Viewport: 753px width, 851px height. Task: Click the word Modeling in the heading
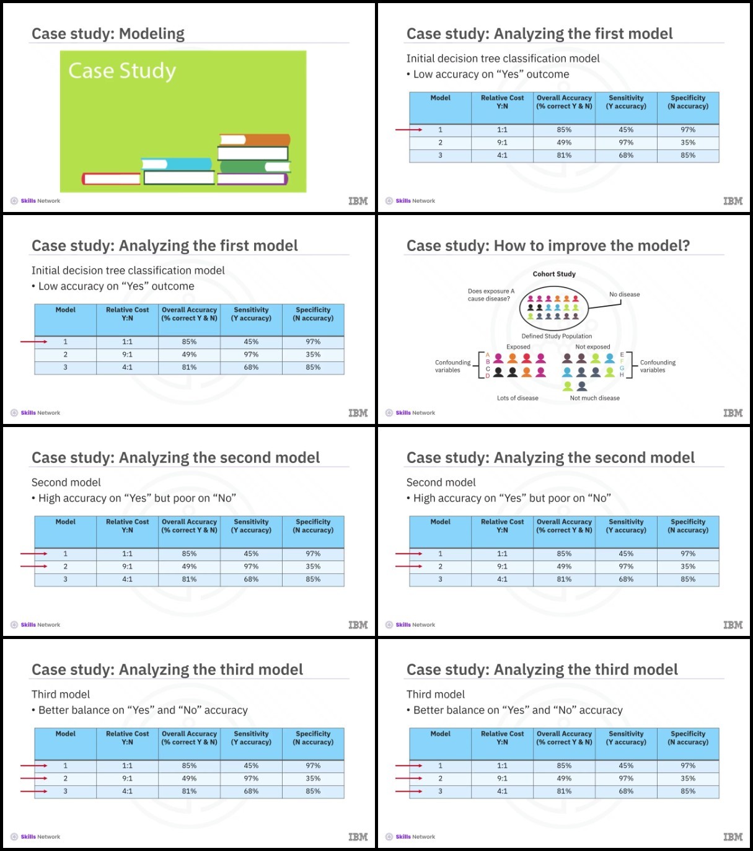pyautogui.click(x=152, y=33)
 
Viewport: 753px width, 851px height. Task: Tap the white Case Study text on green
pyautogui.click(x=122, y=71)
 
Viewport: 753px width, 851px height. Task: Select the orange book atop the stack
pyautogui.click(x=255, y=139)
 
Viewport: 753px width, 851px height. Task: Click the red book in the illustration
pyautogui.click(x=112, y=179)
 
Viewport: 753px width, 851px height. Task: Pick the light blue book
pyautogui.click(x=177, y=164)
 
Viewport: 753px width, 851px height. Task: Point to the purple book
pyautogui.click(x=252, y=179)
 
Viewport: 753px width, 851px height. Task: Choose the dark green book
pyautogui.click(x=255, y=167)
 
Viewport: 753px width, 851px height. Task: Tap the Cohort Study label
pyautogui.click(x=554, y=274)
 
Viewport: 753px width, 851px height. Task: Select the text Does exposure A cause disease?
pyautogui.click(x=491, y=295)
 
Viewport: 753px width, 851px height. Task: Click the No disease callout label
pyautogui.click(x=625, y=294)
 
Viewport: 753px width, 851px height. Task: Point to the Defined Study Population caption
pyautogui.click(x=557, y=336)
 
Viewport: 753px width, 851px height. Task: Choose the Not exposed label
pyautogui.click(x=592, y=346)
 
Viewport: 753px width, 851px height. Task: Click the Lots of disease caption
pyautogui.click(x=517, y=398)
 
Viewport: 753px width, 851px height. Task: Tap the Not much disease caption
pyautogui.click(x=595, y=398)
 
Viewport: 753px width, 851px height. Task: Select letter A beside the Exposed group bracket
pyautogui.click(x=488, y=355)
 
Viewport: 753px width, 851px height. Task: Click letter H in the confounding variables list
pyautogui.click(x=622, y=374)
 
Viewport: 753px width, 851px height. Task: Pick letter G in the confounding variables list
pyautogui.click(x=622, y=368)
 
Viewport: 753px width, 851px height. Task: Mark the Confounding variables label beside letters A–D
pyautogui.click(x=452, y=366)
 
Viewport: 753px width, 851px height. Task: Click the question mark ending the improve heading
pyautogui.click(x=686, y=245)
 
